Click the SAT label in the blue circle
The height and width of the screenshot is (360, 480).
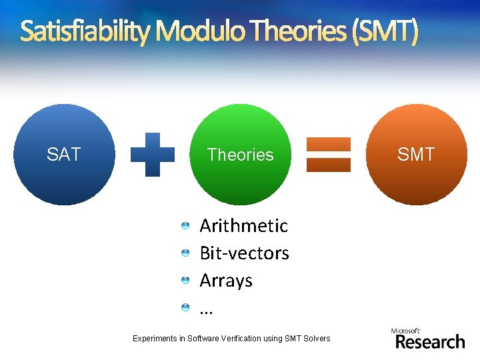pos(63,155)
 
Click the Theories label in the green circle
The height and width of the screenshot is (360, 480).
pos(240,155)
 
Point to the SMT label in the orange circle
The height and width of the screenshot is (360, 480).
pos(416,155)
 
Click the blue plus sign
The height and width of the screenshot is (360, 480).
pos(153,154)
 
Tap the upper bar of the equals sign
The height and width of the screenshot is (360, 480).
pos(328,144)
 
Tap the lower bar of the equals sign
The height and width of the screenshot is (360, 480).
pos(328,165)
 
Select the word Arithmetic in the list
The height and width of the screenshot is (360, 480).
pos(243,226)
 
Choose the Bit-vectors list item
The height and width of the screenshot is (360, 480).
pos(244,253)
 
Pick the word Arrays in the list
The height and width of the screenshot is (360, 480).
pos(226,281)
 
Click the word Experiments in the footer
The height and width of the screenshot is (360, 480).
pos(155,339)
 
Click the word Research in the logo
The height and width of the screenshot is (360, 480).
pos(430,342)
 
